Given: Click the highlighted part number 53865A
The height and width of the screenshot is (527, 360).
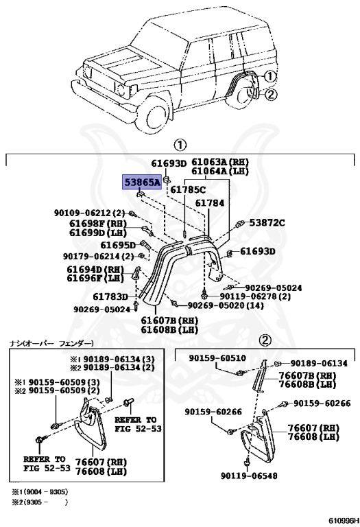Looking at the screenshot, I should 142,182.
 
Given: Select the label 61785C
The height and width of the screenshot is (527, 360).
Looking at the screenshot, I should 188,189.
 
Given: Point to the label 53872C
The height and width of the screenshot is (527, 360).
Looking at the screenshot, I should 267,223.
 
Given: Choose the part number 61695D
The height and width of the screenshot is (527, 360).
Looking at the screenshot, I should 118,245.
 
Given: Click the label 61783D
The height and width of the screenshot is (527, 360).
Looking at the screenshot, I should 110,296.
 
